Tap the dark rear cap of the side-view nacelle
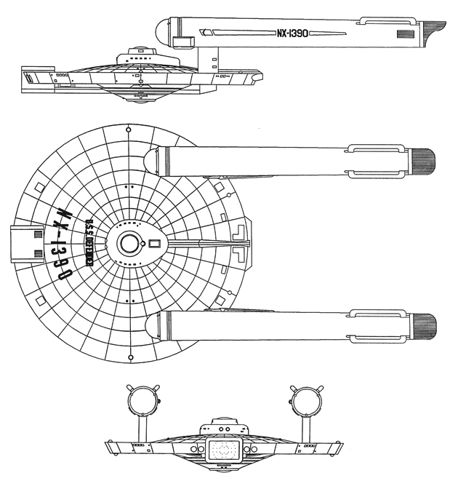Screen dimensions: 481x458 433,33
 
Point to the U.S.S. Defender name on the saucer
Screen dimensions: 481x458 90,243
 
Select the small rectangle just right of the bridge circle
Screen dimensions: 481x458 153,245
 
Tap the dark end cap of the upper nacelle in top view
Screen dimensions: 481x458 423,159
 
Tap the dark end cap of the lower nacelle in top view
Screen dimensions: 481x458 423,325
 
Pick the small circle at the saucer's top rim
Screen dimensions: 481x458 129,130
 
